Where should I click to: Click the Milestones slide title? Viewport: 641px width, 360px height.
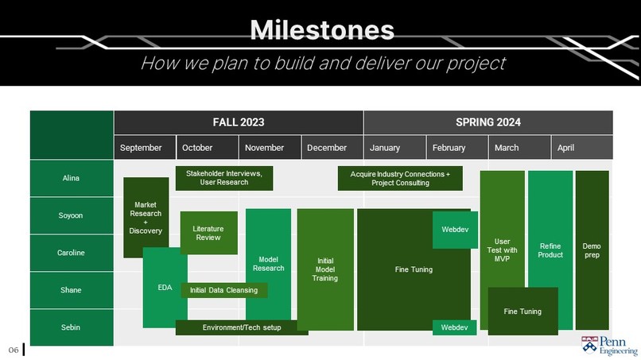click(322, 30)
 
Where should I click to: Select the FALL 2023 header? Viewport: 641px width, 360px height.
click(239, 122)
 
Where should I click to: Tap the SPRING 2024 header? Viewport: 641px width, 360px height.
click(488, 122)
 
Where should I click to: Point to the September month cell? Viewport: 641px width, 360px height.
click(145, 148)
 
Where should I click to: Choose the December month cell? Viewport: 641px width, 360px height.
click(332, 148)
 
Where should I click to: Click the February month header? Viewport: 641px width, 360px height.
click(457, 148)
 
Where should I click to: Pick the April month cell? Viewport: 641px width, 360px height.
click(582, 148)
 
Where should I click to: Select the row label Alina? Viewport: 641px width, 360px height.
click(72, 178)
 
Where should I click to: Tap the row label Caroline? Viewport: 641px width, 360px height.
click(72, 253)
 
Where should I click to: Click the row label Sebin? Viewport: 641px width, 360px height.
click(72, 327)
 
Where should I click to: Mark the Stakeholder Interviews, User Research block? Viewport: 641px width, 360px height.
click(224, 178)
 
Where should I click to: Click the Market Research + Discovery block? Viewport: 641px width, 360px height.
click(146, 218)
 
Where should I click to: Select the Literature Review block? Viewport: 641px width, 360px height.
click(208, 233)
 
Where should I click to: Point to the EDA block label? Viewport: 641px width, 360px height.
click(165, 288)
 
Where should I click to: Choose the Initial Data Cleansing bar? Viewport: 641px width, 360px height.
click(224, 290)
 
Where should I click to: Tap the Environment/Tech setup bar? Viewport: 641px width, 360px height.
click(242, 327)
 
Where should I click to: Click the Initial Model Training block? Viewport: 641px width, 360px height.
click(325, 269)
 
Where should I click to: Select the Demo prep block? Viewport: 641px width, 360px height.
click(592, 250)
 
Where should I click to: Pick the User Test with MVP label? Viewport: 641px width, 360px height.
click(502, 250)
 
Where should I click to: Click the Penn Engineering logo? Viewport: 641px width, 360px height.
click(609, 345)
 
